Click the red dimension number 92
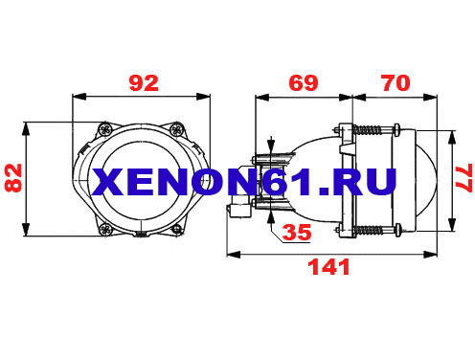tap(144, 83)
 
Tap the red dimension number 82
tap(13, 178)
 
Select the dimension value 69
tap(304, 83)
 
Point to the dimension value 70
tap(396, 83)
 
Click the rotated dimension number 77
tap(464, 178)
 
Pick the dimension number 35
tap(297, 232)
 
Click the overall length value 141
tap(328, 267)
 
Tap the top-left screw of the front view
tap(105, 129)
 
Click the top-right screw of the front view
tap(176, 129)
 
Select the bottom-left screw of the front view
tap(105, 229)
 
